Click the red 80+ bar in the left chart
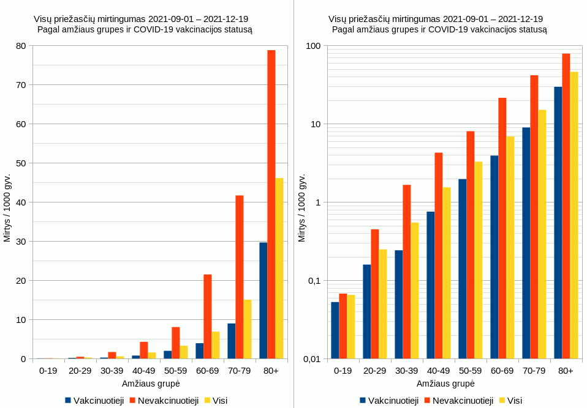click(x=271, y=204)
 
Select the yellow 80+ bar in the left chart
click(x=279, y=269)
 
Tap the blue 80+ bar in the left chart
click(x=263, y=300)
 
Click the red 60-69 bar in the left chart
click(x=207, y=316)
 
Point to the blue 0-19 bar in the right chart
click(x=335, y=330)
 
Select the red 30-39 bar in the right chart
click(x=406, y=272)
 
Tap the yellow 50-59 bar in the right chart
click(x=479, y=260)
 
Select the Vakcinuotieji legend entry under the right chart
click(x=389, y=400)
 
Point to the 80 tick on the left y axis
click(x=21, y=46)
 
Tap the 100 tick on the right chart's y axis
click(x=314, y=46)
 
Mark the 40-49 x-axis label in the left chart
click(x=143, y=371)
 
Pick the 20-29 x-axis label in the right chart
click(x=374, y=371)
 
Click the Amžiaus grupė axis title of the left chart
click(x=151, y=384)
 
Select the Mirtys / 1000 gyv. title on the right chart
click(x=302, y=208)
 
